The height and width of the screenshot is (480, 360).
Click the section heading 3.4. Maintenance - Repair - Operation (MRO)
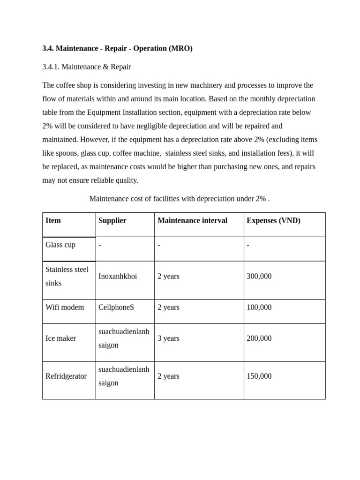(117, 48)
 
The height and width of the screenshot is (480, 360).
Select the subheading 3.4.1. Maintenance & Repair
(87, 67)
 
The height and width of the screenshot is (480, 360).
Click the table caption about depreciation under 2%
(179, 199)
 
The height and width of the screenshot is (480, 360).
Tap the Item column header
(53, 220)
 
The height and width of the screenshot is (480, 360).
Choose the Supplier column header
(112, 220)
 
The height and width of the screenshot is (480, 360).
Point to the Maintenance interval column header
(192, 220)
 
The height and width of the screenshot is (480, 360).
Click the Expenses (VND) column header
(273, 220)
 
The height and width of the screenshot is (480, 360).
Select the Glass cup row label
(60, 245)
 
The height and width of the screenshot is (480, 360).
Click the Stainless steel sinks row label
(67, 276)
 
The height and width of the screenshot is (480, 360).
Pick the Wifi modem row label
(65, 307)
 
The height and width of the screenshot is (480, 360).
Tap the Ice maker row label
(60, 338)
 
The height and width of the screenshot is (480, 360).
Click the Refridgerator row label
(66, 376)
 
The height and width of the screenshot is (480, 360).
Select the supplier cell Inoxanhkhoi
(118, 276)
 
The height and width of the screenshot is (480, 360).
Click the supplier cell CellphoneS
(116, 307)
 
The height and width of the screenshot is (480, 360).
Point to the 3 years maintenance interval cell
(168, 338)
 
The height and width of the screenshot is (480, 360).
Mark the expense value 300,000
(259, 276)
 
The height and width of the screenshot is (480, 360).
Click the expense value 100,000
(259, 307)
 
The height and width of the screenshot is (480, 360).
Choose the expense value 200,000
(259, 338)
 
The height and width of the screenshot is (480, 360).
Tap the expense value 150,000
(259, 376)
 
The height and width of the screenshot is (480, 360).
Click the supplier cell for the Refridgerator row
(124, 376)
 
